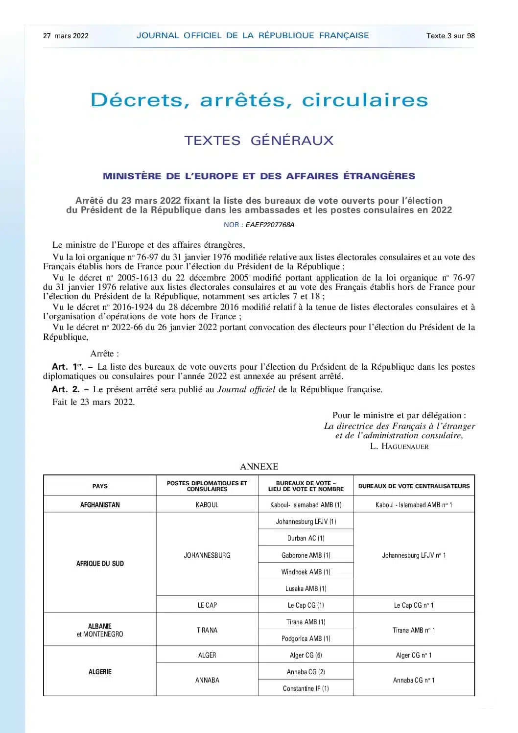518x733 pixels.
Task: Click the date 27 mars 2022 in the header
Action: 66,36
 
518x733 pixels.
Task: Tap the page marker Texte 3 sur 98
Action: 450,36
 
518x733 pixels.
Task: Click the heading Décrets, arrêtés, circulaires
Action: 259,100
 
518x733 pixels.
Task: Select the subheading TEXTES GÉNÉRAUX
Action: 259,141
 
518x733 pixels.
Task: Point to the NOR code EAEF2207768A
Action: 270,225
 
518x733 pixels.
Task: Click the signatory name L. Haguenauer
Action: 399,447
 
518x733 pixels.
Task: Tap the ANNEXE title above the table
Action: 259,467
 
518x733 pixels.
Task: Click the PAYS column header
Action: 100,486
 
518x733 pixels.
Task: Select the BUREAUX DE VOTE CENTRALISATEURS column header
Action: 414,486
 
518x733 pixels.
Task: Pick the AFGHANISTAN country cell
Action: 100,505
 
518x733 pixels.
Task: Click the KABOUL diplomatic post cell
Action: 207,505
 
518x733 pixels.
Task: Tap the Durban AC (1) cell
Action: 306,538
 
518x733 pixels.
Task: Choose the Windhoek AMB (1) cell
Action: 306,572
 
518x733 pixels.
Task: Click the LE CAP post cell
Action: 207,605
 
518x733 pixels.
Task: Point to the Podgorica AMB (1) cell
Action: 306,638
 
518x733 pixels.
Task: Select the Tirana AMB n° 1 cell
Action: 414,630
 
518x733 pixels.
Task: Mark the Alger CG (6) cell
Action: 306,655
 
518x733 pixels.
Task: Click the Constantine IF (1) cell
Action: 306,688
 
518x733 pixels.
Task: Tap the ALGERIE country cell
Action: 100,672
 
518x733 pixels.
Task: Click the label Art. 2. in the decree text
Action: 66,390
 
